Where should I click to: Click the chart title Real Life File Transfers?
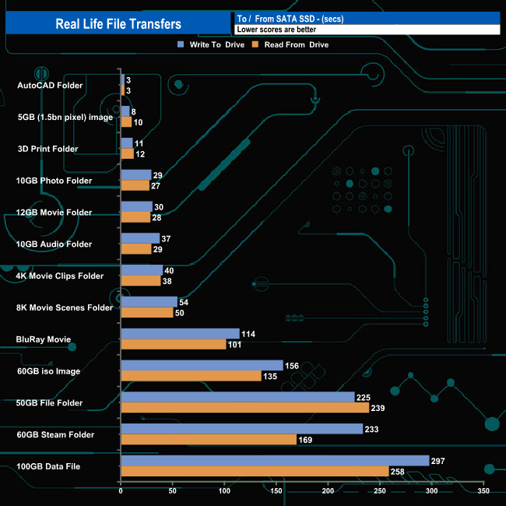point(118,24)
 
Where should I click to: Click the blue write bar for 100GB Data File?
point(275,460)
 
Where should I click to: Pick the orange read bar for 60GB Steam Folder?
point(208,439)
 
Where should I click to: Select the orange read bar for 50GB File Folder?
point(244,407)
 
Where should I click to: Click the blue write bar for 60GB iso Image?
point(202,365)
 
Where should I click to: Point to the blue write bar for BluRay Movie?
point(180,334)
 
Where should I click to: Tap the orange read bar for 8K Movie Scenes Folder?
point(146,312)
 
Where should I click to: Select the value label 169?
point(306,439)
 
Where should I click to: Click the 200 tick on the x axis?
point(328,491)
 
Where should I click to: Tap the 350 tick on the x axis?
point(483,491)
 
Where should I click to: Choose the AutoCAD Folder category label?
point(50,85)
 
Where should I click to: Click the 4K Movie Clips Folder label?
point(59,276)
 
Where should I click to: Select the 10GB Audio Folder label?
point(54,244)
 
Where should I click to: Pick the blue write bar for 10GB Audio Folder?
point(140,238)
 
